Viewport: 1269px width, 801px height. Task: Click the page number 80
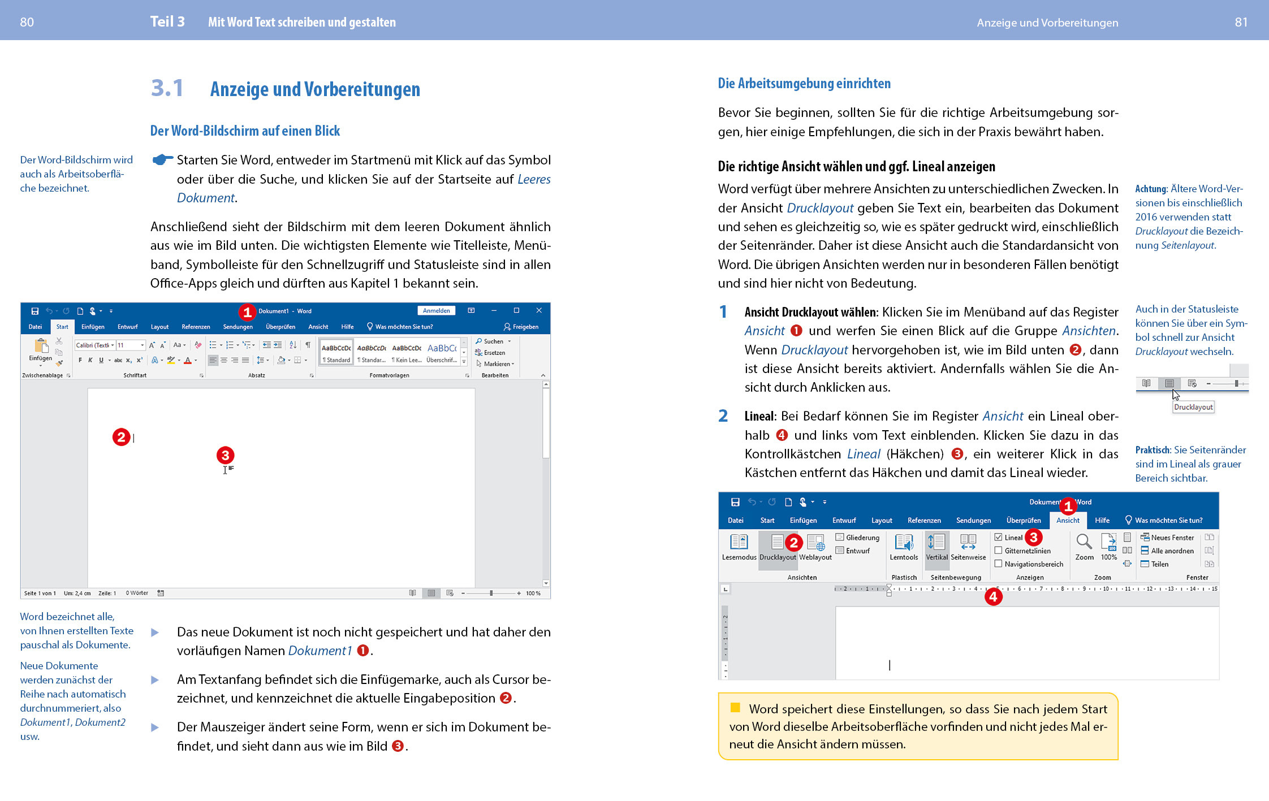pyautogui.click(x=27, y=22)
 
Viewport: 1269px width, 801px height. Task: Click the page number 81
pyautogui.click(x=1241, y=22)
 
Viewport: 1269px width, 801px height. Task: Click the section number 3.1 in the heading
pyautogui.click(x=167, y=88)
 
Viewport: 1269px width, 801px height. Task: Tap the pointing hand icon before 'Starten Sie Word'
pyautogui.click(x=162, y=160)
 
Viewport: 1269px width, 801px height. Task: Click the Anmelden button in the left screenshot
pyautogui.click(x=436, y=310)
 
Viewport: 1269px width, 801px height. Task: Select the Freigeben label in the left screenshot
pyautogui.click(x=525, y=327)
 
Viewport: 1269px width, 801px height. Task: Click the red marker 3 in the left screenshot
pyautogui.click(x=225, y=455)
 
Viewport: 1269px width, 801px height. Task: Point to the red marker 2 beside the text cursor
pyautogui.click(x=121, y=437)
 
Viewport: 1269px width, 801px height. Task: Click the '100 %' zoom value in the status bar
pyautogui.click(x=533, y=593)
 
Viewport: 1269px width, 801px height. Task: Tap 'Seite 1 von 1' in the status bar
pyautogui.click(x=40, y=593)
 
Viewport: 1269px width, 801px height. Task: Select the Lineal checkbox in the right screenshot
pyautogui.click(x=999, y=537)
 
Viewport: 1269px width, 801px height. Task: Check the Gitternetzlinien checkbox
pyautogui.click(x=999, y=551)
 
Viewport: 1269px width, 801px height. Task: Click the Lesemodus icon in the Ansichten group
pyautogui.click(x=739, y=542)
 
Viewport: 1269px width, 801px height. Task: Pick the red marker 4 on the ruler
pyautogui.click(x=993, y=596)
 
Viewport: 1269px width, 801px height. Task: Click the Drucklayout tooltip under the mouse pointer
pyautogui.click(x=1193, y=407)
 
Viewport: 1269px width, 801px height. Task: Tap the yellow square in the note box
pyautogui.click(x=735, y=707)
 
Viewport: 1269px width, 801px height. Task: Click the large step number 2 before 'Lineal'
pyautogui.click(x=723, y=416)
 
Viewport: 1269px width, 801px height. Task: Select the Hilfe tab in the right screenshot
pyautogui.click(x=1102, y=520)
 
